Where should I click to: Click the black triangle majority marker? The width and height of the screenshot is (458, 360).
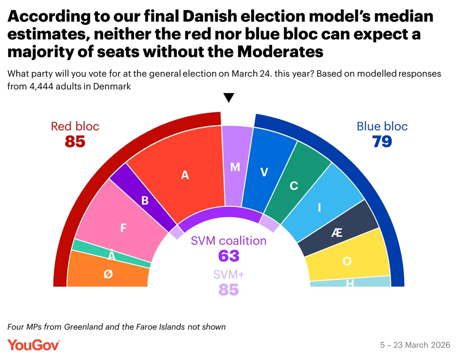pos(228,98)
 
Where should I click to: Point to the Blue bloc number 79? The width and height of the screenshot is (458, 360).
pos(382,142)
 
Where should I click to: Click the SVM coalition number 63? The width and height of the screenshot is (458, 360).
pos(229,256)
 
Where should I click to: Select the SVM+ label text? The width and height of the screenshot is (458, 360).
pos(229,274)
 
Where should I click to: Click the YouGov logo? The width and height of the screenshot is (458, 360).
pos(34,345)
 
